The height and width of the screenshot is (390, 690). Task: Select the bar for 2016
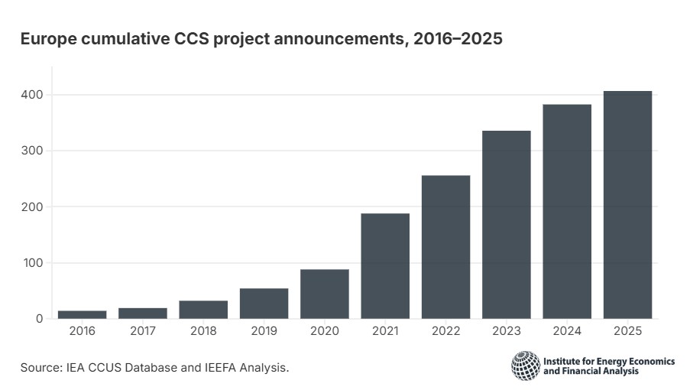coord(83,315)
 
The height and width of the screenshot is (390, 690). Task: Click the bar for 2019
coord(264,304)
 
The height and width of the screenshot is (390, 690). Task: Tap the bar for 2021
coord(385,266)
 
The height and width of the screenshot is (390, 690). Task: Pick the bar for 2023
coord(507,225)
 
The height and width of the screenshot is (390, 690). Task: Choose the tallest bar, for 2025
coord(627,205)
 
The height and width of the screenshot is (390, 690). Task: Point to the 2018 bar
coord(203,310)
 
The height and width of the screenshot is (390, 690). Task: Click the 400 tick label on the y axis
coord(32,95)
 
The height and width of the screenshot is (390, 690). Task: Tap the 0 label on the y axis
coord(40,319)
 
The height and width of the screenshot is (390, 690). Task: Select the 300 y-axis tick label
coord(32,151)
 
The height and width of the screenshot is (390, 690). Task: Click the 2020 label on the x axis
coord(325,331)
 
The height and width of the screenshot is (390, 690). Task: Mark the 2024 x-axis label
coord(567,331)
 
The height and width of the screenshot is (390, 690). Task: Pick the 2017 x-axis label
coord(143,331)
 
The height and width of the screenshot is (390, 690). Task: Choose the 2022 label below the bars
coord(445,331)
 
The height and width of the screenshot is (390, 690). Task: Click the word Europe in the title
coord(48,39)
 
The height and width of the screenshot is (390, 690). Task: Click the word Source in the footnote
coord(41,368)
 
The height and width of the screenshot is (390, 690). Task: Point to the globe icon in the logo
coord(526,366)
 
